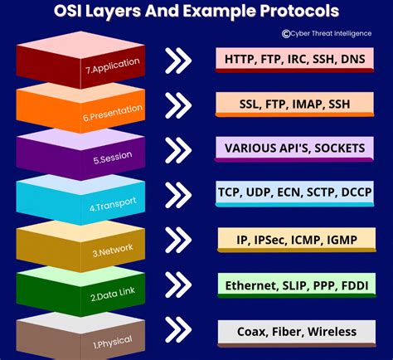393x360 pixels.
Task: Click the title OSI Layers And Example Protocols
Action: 196,12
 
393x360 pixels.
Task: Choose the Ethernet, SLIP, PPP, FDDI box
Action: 295,285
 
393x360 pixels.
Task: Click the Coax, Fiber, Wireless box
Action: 295,331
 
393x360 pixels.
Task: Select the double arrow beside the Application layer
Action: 179,60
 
